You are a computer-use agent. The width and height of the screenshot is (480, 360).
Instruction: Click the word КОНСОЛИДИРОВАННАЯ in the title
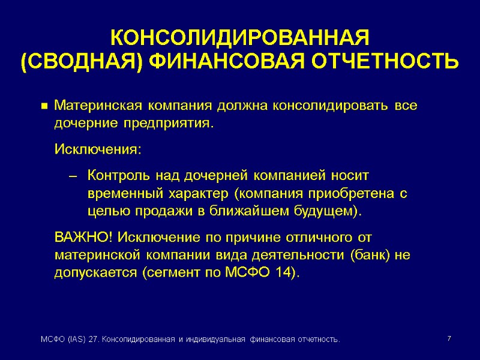tap(239, 38)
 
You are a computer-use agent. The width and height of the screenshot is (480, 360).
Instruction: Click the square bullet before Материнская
tap(44, 107)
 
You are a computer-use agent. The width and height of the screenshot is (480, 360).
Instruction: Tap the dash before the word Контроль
tap(74, 177)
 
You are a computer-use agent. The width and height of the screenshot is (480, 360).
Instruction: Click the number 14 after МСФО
tap(284, 273)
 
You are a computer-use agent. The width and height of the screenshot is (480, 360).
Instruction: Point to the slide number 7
tap(449, 340)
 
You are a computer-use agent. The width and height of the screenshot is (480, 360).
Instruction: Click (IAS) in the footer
tap(75, 340)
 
